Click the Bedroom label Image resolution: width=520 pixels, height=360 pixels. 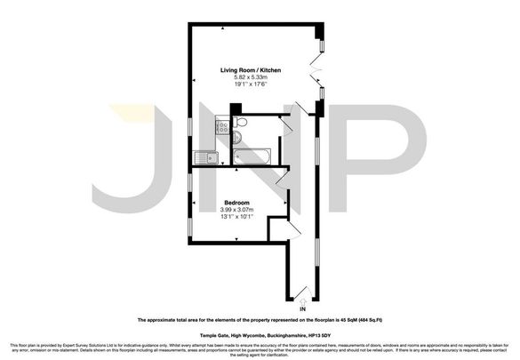(x=236, y=202)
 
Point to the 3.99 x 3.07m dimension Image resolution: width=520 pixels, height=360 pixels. (x=236, y=210)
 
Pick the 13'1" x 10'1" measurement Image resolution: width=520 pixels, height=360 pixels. (x=236, y=218)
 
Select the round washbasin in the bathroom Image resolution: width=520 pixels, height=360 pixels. (x=236, y=138)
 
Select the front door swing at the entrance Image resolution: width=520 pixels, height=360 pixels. (x=304, y=289)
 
